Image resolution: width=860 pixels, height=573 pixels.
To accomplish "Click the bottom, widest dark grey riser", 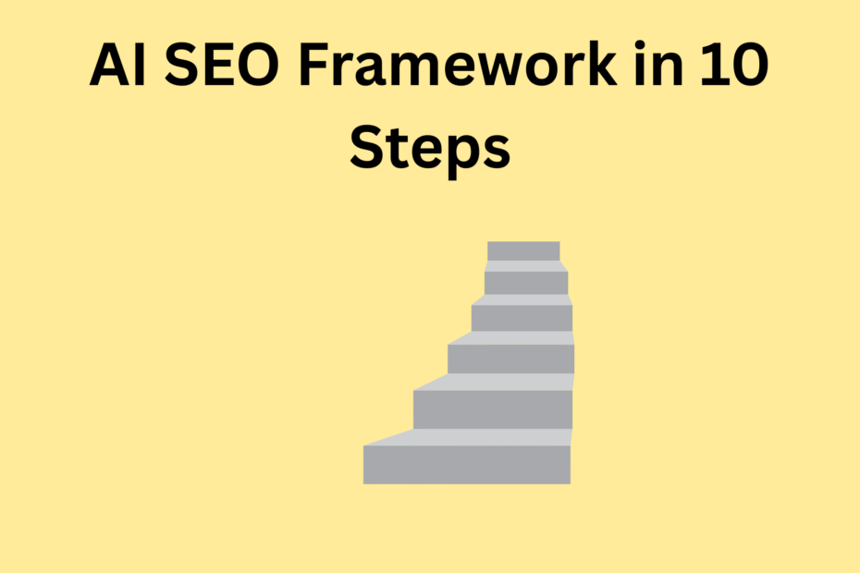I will coord(466,464).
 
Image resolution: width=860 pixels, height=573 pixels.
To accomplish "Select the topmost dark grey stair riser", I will coord(523,250).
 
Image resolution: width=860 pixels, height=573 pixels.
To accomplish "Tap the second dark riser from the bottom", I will coord(492,409).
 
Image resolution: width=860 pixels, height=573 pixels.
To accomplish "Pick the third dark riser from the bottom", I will coord(510,359).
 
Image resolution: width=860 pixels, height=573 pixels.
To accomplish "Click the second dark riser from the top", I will coord(525,283).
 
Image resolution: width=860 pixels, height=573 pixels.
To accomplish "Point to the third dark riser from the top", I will coord(522,318).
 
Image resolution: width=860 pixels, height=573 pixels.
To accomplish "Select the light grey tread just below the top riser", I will coord(524,266).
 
